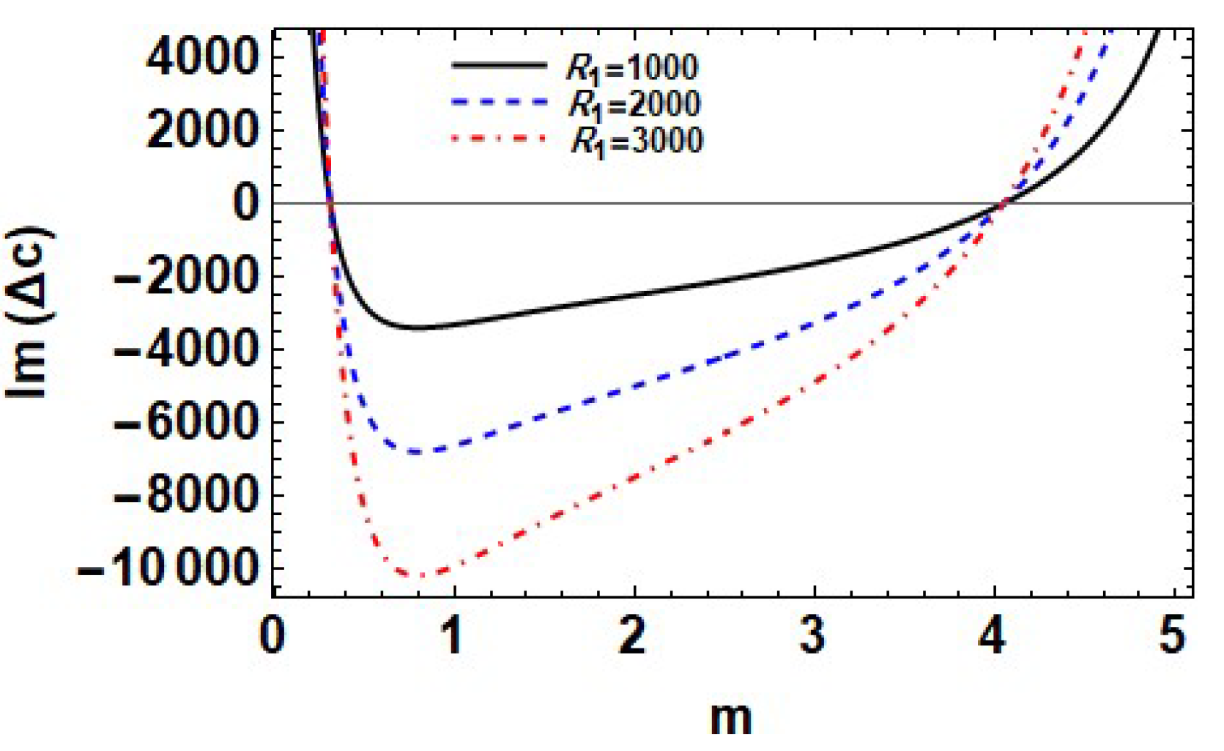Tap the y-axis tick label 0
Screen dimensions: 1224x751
pos(246,203)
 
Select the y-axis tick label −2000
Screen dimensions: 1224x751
pos(187,276)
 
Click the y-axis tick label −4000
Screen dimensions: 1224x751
pos(187,349)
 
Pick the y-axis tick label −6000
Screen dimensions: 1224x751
pos(187,423)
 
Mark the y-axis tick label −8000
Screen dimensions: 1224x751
pos(187,496)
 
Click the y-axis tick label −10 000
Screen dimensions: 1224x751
pos(168,569)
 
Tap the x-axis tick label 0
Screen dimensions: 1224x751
pos(272,635)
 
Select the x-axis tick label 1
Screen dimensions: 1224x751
pos(453,635)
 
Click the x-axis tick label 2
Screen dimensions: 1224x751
pos(632,635)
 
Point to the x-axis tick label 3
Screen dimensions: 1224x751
pos(812,635)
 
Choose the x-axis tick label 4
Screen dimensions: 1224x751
pos(993,635)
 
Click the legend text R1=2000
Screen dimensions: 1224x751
pos(634,104)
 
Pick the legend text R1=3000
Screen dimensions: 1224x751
pos(637,140)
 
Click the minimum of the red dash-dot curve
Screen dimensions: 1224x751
pos(421,576)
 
